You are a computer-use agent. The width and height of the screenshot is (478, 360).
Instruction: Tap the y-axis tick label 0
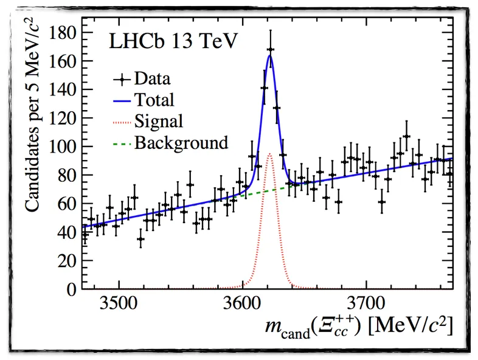click(x=72, y=288)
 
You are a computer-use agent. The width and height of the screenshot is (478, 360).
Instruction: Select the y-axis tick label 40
click(x=67, y=232)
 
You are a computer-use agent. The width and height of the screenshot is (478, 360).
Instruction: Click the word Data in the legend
click(x=153, y=79)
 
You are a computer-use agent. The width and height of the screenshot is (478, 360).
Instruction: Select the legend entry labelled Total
click(x=154, y=100)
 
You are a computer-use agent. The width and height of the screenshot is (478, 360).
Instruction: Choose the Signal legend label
click(x=158, y=122)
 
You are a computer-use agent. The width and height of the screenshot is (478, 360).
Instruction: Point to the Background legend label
click(x=181, y=143)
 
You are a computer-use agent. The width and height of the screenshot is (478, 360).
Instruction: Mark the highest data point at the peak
click(x=270, y=49)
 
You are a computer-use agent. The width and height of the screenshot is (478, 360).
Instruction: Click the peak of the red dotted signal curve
click(x=270, y=153)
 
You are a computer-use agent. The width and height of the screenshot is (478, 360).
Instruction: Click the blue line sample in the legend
click(x=122, y=100)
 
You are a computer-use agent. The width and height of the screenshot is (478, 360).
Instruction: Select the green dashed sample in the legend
click(x=122, y=143)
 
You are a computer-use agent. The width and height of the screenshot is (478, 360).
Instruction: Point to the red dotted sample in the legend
click(x=122, y=122)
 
